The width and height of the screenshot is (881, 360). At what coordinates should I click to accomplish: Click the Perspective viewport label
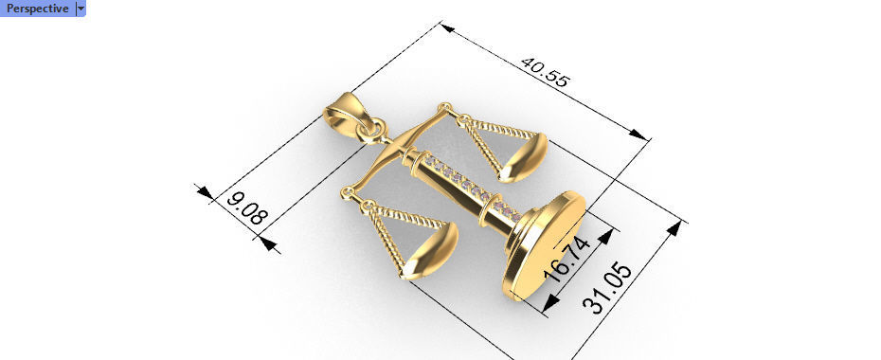[37, 8]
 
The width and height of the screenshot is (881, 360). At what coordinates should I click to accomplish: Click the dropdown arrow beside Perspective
[81, 8]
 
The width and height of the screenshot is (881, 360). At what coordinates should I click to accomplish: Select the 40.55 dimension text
[544, 72]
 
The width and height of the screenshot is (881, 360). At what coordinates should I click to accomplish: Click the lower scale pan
[431, 249]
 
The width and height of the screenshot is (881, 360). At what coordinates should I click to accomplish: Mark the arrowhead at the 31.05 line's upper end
[675, 228]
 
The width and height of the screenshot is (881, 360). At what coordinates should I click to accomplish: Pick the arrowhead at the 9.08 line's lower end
[269, 243]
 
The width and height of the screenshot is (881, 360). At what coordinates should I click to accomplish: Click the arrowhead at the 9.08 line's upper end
[205, 192]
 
